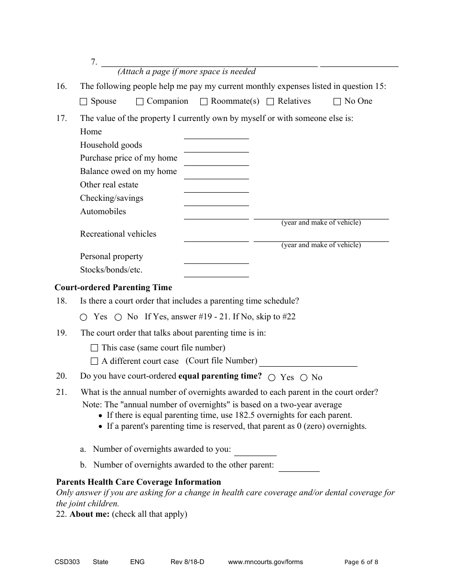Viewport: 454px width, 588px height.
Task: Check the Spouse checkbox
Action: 84,101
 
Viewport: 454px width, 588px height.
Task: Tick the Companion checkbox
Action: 140,101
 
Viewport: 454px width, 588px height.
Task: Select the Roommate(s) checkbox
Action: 204,101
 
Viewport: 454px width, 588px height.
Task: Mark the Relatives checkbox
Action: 270,101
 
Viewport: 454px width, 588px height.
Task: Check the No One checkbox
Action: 337,101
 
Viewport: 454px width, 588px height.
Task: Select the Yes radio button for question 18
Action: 84,317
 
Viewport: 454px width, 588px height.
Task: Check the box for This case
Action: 94,348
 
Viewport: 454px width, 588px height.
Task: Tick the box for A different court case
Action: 94,361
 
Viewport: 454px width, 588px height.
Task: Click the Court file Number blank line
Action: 308,361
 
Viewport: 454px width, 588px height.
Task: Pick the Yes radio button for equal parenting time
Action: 271,378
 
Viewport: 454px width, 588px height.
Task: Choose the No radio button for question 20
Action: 303,378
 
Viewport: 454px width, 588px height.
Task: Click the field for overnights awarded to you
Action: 255,451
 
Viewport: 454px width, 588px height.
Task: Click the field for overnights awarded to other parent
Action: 299,467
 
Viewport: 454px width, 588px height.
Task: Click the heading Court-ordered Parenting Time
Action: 113,288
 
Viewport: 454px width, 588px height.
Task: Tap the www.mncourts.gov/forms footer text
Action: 265,562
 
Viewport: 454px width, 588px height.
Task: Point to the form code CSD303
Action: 67,562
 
